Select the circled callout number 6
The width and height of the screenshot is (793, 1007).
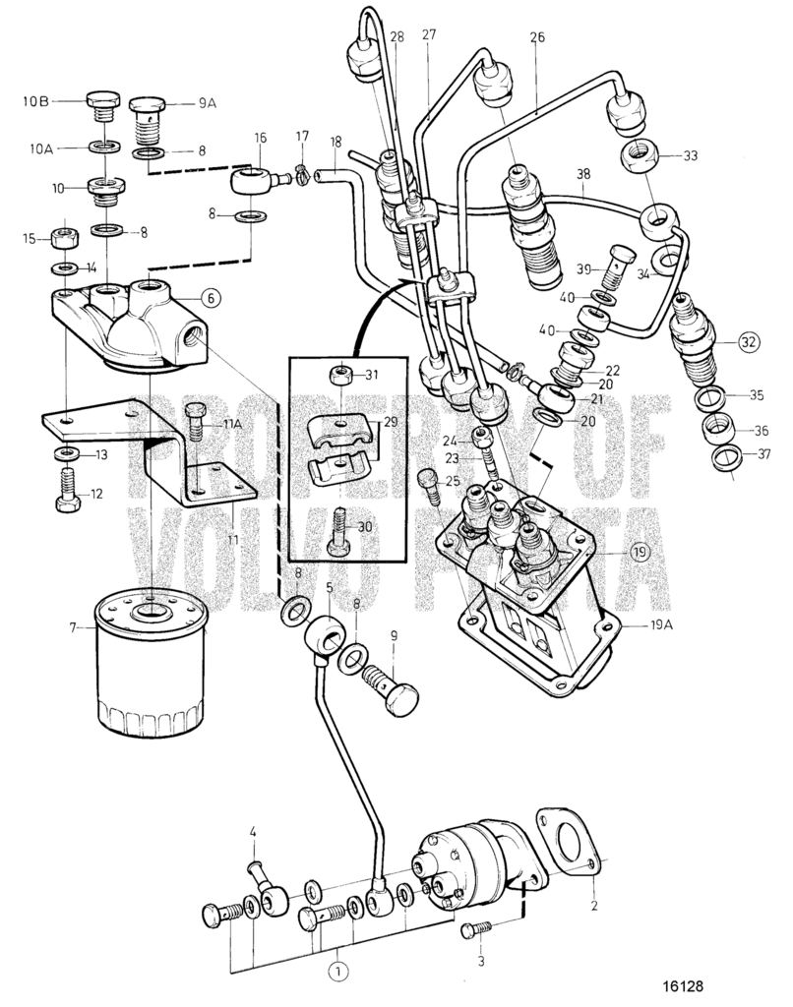click(x=210, y=296)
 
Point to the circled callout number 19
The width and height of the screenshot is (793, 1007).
click(x=640, y=552)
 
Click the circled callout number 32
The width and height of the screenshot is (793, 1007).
click(x=749, y=343)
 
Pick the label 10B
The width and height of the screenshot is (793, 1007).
click(x=40, y=99)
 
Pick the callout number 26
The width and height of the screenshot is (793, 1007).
click(x=536, y=38)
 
